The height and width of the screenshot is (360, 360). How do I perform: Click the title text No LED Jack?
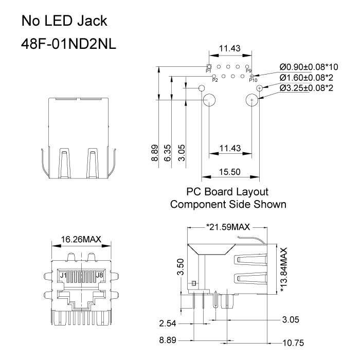(x=64, y=21)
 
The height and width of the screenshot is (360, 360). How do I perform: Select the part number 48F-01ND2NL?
(x=68, y=44)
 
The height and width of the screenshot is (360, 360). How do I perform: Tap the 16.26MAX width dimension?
(x=81, y=239)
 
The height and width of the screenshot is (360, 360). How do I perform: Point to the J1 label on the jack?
(x=64, y=276)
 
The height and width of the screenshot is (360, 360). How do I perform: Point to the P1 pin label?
(x=208, y=71)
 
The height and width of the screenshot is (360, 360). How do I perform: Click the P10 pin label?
(x=253, y=80)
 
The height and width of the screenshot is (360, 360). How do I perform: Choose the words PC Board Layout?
(x=228, y=192)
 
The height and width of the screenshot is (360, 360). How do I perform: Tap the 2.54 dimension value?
(x=168, y=323)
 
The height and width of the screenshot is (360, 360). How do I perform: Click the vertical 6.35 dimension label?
(x=168, y=153)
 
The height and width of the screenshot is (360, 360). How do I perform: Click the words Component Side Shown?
(x=228, y=204)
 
